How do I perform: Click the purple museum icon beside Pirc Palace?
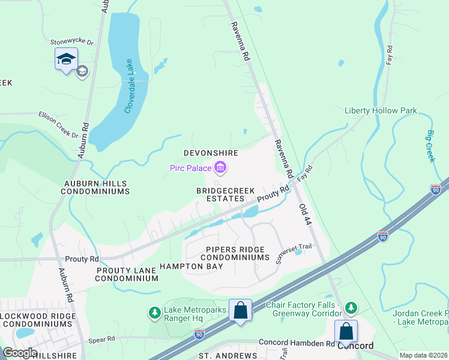[220, 168]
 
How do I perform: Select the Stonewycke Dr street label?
[72, 43]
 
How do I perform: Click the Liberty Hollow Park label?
[381, 111]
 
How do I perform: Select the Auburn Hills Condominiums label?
[95, 187]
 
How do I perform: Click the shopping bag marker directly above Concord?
[346, 330]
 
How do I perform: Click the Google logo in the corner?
[20, 352]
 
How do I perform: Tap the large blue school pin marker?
[66, 59]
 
